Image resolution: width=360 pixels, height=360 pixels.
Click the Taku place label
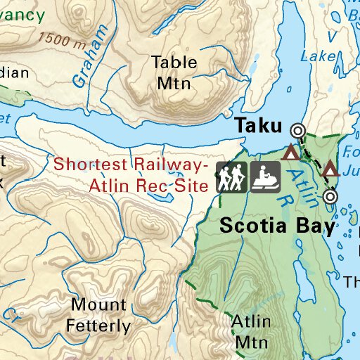(259, 125)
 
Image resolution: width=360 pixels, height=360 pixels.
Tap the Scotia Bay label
(276, 226)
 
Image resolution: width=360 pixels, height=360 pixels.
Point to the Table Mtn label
(174, 72)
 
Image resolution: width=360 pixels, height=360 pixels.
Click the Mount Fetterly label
(98, 315)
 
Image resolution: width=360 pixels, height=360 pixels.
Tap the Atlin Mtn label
(251, 331)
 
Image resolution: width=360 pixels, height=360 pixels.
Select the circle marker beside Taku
(298, 130)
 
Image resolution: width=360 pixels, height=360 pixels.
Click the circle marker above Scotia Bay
(330, 198)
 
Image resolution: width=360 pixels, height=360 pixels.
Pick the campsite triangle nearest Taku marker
(289, 151)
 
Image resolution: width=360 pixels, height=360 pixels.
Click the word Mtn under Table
(174, 83)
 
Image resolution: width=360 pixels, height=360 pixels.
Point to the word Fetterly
(100, 326)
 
